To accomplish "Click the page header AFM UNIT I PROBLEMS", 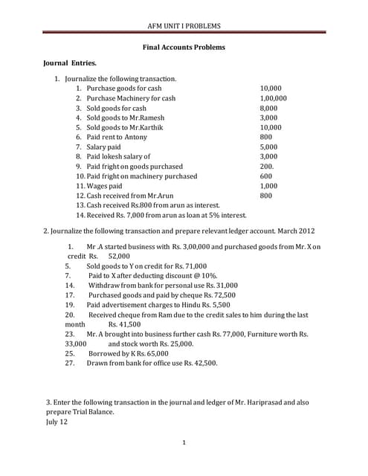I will pyautogui.click(x=184, y=26).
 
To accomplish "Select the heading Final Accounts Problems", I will pyautogui.click(x=184, y=48).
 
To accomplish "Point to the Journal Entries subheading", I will pyautogui.click(x=72, y=65).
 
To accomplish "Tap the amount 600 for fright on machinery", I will pyautogui.click(x=265, y=176).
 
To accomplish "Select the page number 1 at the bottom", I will pyautogui.click(x=184, y=443).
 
